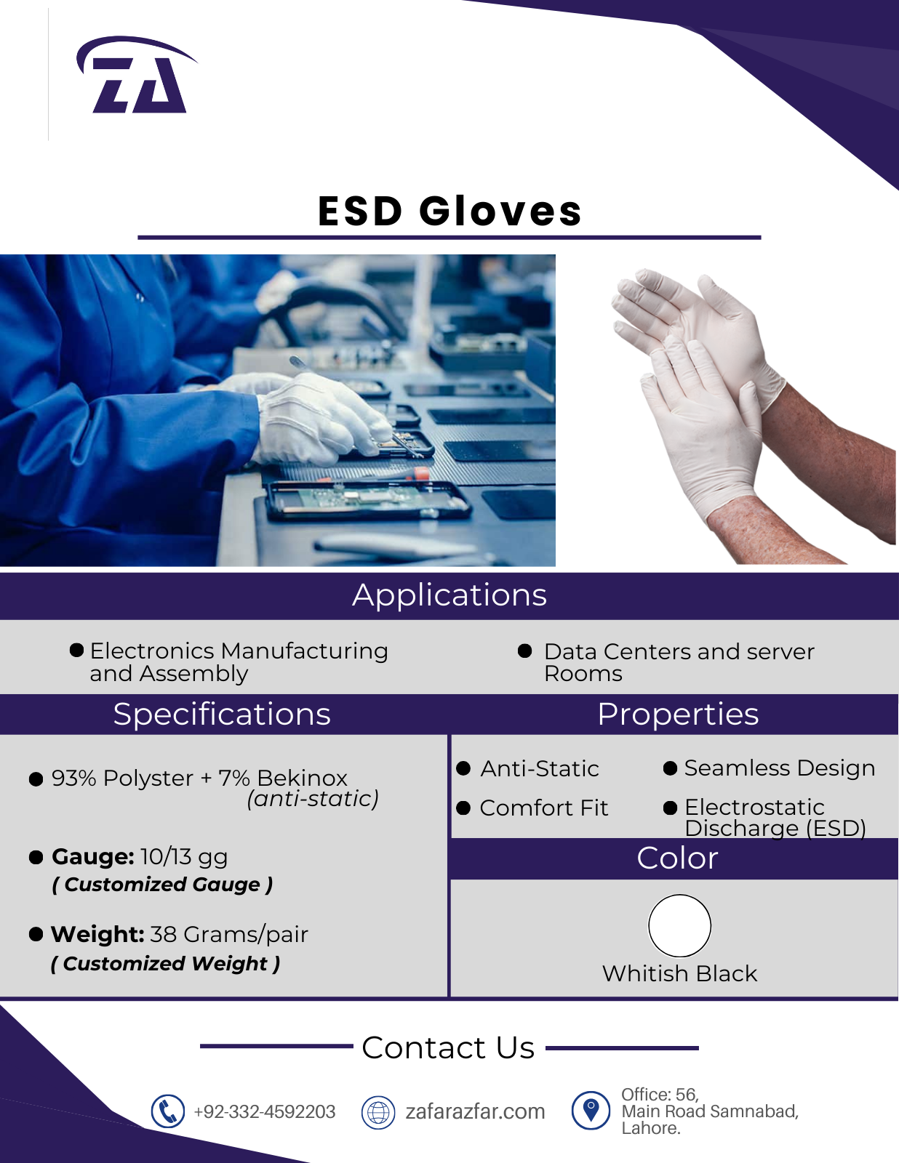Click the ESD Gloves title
click(x=450, y=211)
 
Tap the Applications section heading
click(x=450, y=595)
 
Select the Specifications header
click(x=222, y=715)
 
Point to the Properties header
click(x=678, y=714)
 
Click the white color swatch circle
click(x=679, y=925)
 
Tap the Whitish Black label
click(x=679, y=973)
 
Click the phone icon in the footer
click(x=168, y=1111)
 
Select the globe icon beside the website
click(x=378, y=1111)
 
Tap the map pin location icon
click(x=591, y=1111)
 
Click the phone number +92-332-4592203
click(x=265, y=1111)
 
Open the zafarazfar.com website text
click(x=475, y=1111)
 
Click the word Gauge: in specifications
click(x=92, y=857)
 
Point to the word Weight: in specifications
click(x=97, y=935)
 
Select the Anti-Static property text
click(x=539, y=768)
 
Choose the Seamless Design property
click(x=780, y=768)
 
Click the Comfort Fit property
click(x=543, y=808)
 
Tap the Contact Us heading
click(x=448, y=1047)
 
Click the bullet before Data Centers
click(x=524, y=651)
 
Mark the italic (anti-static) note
click(x=313, y=799)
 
